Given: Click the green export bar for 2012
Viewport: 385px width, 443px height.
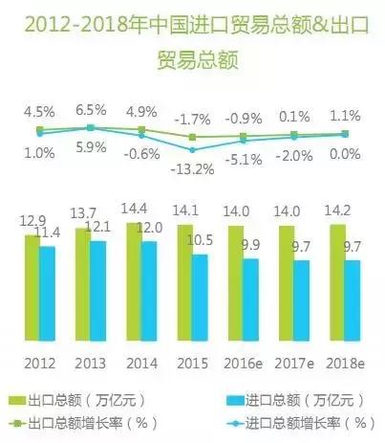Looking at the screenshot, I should point(32,287).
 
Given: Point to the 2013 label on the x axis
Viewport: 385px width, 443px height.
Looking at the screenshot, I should point(90,364).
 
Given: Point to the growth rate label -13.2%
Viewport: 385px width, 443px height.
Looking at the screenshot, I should point(198,168).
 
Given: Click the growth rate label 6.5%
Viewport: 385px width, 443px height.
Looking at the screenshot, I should point(90,110).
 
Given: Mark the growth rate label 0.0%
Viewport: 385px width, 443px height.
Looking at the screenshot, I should point(345,153).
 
